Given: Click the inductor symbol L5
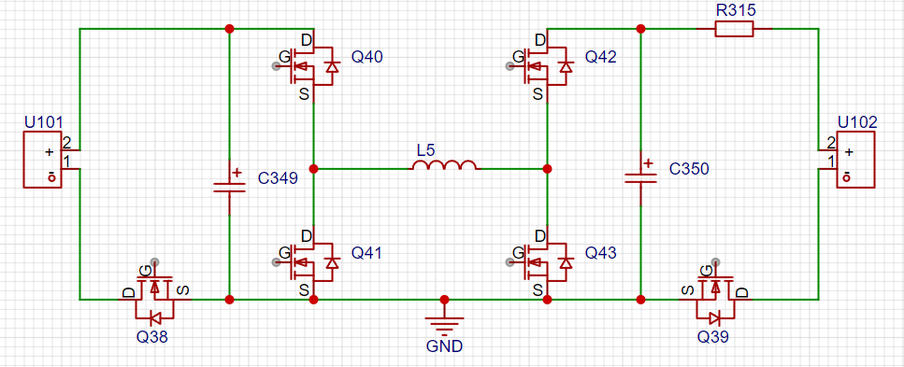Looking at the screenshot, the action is [x=444, y=165].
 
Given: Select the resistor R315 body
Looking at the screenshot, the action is [x=734, y=29].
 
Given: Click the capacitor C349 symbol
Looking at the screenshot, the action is [x=229, y=182].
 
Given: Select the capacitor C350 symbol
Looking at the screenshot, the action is [x=640, y=176].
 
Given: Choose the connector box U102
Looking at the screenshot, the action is [x=855, y=160].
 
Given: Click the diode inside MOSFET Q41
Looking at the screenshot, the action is [x=331, y=262].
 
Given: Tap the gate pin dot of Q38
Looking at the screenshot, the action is [x=154, y=262].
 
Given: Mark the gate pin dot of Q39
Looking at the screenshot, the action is [x=716, y=262].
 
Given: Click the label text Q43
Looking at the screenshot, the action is [x=601, y=252].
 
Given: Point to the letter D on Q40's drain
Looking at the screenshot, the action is [x=306, y=40].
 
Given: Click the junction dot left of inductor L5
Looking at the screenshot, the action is [x=313, y=169].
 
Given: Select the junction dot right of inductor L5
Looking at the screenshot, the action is [x=547, y=169].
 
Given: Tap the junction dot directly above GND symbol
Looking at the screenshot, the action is [x=444, y=300].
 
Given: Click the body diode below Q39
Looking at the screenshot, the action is [x=715, y=318].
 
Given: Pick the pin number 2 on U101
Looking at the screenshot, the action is [x=66, y=142].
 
